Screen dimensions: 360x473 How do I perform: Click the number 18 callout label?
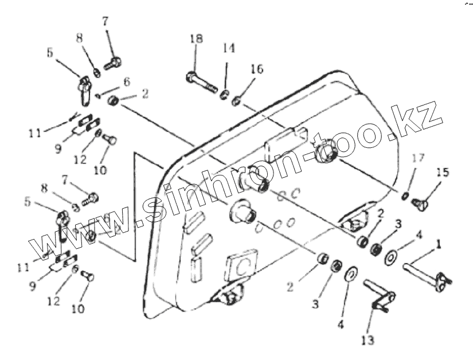196,39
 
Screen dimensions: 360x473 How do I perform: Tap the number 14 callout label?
229,49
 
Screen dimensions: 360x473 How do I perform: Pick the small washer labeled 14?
225,92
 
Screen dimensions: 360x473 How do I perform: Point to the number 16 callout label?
256,69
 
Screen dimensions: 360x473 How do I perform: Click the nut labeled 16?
236,102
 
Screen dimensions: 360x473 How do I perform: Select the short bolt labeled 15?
425,201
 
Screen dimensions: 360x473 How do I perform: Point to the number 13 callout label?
367,340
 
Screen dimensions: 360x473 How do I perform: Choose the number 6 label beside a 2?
126,82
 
